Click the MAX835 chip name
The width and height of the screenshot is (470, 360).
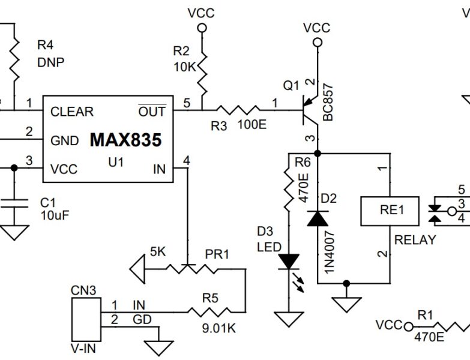pyautogui.click(x=125, y=140)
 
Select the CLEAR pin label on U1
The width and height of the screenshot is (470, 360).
pyautogui.click(x=72, y=112)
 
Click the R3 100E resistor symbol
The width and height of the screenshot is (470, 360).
pyautogui.click(x=238, y=110)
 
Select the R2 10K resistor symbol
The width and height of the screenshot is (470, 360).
pyautogui.click(x=202, y=72)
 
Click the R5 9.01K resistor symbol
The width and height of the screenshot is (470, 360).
pyautogui.click(x=209, y=312)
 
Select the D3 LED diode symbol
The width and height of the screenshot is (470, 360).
pyautogui.click(x=289, y=261)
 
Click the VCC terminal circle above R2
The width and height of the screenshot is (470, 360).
pyautogui.click(x=202, y=28)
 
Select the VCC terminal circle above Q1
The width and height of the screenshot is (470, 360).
pyautogui.click(x=318, y=42)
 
